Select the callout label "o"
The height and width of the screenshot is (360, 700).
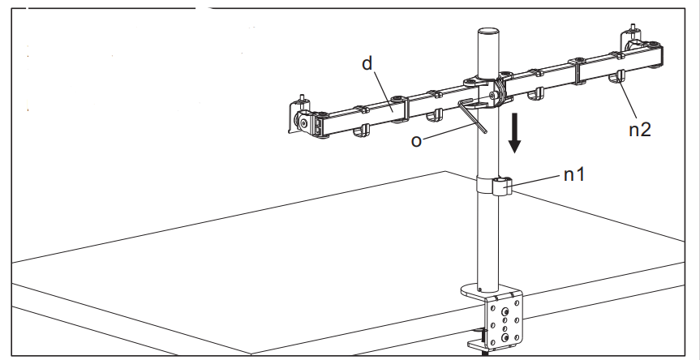point(416,140)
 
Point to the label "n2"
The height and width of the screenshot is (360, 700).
point(638,129)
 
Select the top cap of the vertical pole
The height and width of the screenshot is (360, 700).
point(487,32)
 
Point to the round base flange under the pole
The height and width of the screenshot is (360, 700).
point(484,289)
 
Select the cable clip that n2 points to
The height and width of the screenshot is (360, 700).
point(617,80)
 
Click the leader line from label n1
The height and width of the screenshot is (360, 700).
point(539,182)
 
